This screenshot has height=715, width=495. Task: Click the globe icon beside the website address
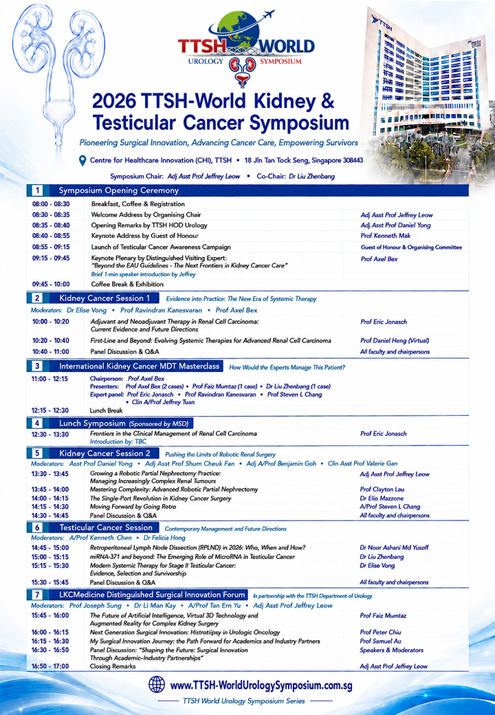(x=157, y=684)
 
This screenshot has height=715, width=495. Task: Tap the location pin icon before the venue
(x=82, y=160)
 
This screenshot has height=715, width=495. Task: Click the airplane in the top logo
(x=268, y=14)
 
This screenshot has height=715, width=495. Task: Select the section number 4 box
(x=37, y=423)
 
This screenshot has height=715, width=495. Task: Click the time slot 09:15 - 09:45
(x=51, y=258)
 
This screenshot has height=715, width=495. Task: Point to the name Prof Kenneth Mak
(x=385, y=236)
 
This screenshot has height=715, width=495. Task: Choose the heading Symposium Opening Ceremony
(x=118, y=190)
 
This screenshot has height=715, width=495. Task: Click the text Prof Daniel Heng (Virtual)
(x=395, y=340)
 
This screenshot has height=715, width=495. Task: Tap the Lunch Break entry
(x=106, y=410)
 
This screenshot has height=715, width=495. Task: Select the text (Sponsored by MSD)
(x=159, y=423)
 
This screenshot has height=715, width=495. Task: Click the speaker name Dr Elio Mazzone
(x=382, y=498)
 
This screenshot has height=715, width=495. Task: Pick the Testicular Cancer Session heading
(x=106, y=527)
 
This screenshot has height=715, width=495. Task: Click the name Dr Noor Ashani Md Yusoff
(x=394, y=548)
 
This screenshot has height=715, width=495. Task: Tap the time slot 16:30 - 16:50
(x=50, y=650)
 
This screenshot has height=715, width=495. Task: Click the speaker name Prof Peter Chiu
(x=381, y=632)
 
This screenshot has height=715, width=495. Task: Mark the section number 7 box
(x=37, y=595)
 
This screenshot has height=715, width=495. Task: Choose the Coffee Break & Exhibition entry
(x=127, y=284)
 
